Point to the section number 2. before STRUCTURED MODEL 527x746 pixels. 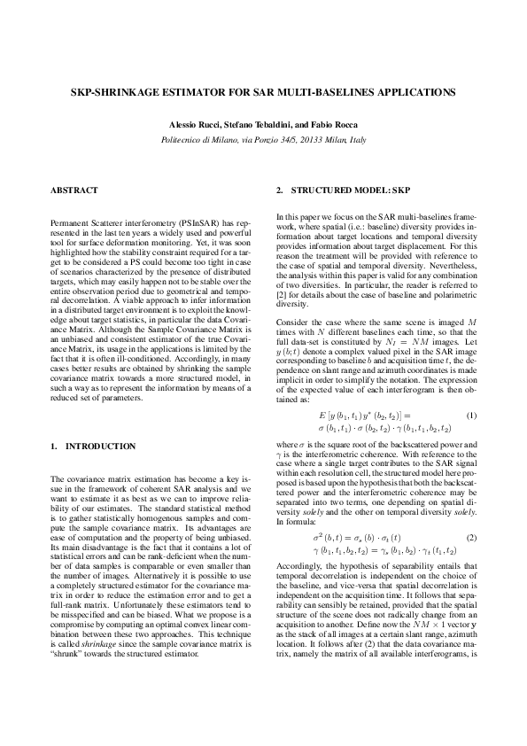(x=280, y=190)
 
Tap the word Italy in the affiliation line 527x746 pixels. (x=356, y=140)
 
